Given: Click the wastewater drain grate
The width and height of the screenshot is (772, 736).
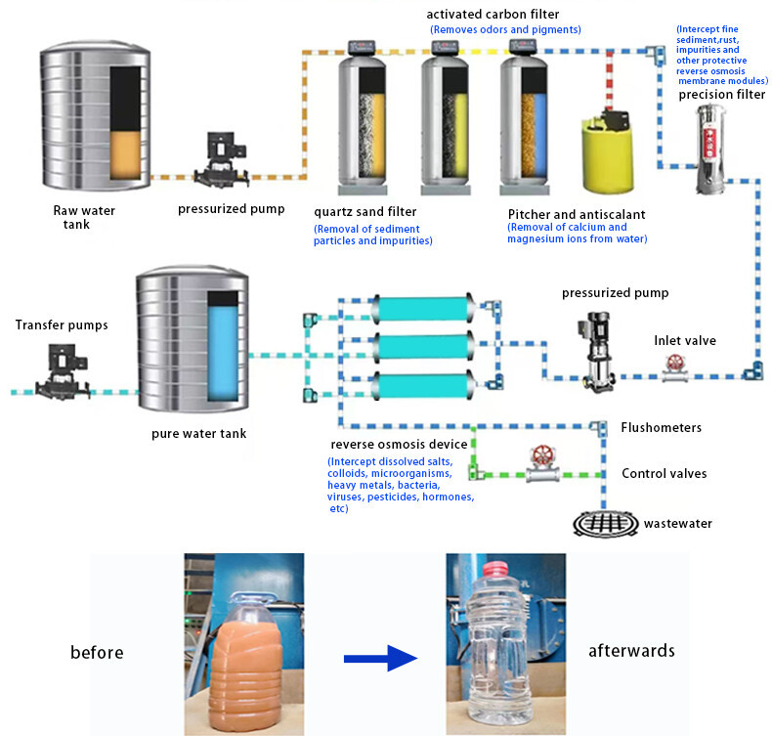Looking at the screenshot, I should [604, 523].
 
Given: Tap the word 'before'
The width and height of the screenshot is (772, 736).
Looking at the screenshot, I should [97, 652].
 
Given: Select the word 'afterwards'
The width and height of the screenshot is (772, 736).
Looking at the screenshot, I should [631, 650].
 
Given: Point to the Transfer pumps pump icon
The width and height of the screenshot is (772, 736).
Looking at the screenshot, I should [63, 372].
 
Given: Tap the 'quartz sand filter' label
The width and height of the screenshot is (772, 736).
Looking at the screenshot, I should [365, 210].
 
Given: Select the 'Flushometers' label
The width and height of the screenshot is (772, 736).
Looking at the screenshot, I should [661, 427].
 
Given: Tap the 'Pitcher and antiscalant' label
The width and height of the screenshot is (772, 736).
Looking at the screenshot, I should [577, 213].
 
